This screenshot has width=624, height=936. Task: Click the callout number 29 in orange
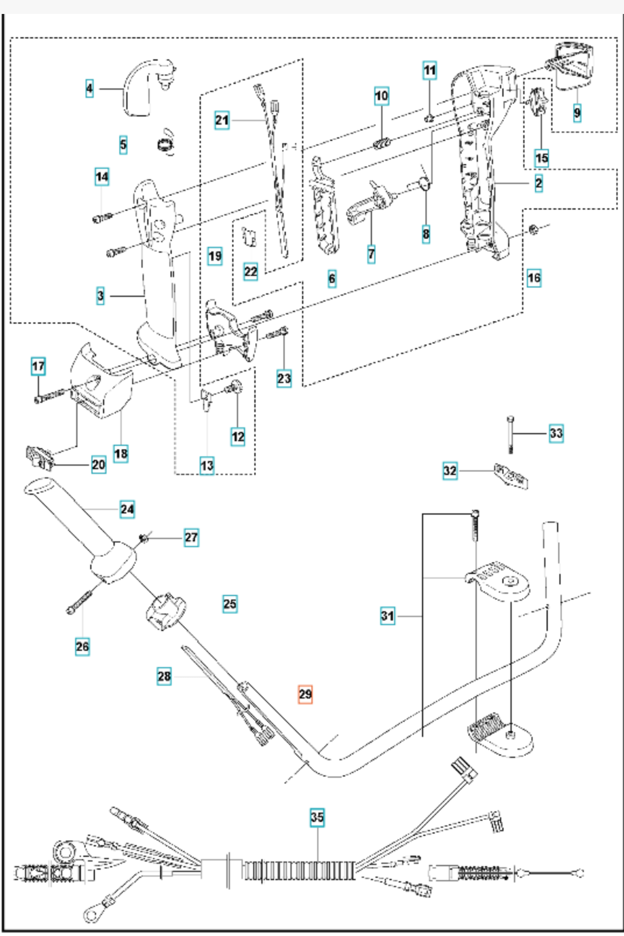click(x=305, y=694)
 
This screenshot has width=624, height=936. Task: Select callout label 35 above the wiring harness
click(x=317, y=817)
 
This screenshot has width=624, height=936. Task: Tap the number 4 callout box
click(x=89, y=88)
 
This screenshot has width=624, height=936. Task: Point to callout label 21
click(x=222, y=120)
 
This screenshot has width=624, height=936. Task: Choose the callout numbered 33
click(x=556, y=433)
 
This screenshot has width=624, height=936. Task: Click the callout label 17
click(x=38, y=367)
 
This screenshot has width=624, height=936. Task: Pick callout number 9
click(x=577, y=112)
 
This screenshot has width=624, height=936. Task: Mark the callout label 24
click(x=127, y=509)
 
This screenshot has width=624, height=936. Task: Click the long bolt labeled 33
click(x=510, y=434)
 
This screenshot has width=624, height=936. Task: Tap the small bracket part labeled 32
click(x=511, y=476)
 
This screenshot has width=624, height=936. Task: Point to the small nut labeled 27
click(x=144, y=538)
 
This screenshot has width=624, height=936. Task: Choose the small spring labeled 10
click(x=382, y=142)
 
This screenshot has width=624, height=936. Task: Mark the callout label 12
click(x=238, y=437)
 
